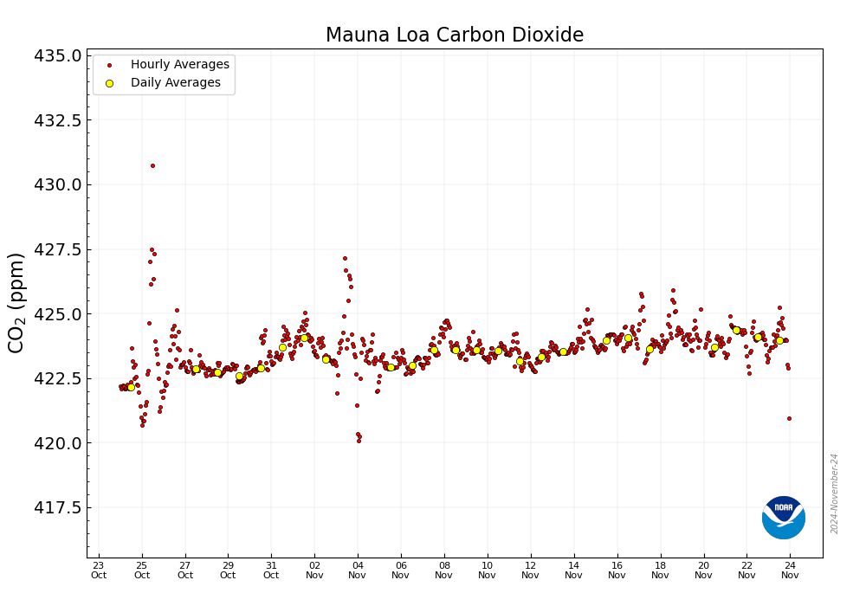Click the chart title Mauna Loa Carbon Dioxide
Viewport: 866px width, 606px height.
coord(454,35)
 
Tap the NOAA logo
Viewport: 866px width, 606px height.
coord(783,517)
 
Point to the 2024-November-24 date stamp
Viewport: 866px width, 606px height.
coord(835,493)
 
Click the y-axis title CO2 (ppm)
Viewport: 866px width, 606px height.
coord(16,302)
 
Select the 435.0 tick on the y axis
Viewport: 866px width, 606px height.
coord(57,55)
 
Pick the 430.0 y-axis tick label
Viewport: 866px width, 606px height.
coord(57,184)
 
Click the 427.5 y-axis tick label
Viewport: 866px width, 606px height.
coord(57,249)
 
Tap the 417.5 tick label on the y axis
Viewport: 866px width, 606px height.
coord(57,507)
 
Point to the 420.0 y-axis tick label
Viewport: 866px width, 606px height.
coord(57,443)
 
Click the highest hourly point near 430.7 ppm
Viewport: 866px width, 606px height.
coord(152,165)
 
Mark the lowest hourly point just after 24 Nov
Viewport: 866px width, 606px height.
coord(789,418)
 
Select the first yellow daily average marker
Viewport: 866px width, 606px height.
coord(131,387)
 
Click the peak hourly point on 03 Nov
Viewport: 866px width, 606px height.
coord(345,258)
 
